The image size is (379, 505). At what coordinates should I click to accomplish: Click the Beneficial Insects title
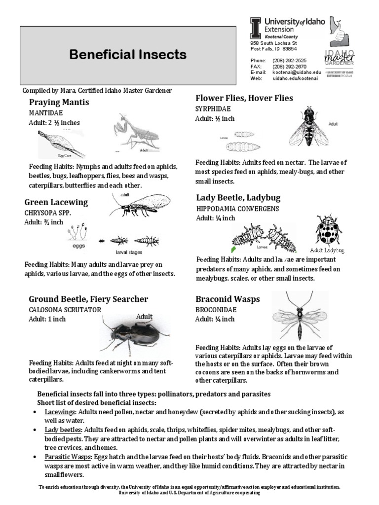[x=128, y=55]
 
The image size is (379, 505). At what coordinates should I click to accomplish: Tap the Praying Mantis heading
[x=59, y=103]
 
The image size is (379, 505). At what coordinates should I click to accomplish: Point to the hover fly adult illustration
[x=308, y=127]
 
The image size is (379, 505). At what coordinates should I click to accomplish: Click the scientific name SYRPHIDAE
[x=213, y=109]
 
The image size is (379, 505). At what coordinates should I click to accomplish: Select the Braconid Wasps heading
[x=227, y=299]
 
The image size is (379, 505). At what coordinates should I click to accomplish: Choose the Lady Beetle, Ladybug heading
[x=238, y=198]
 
